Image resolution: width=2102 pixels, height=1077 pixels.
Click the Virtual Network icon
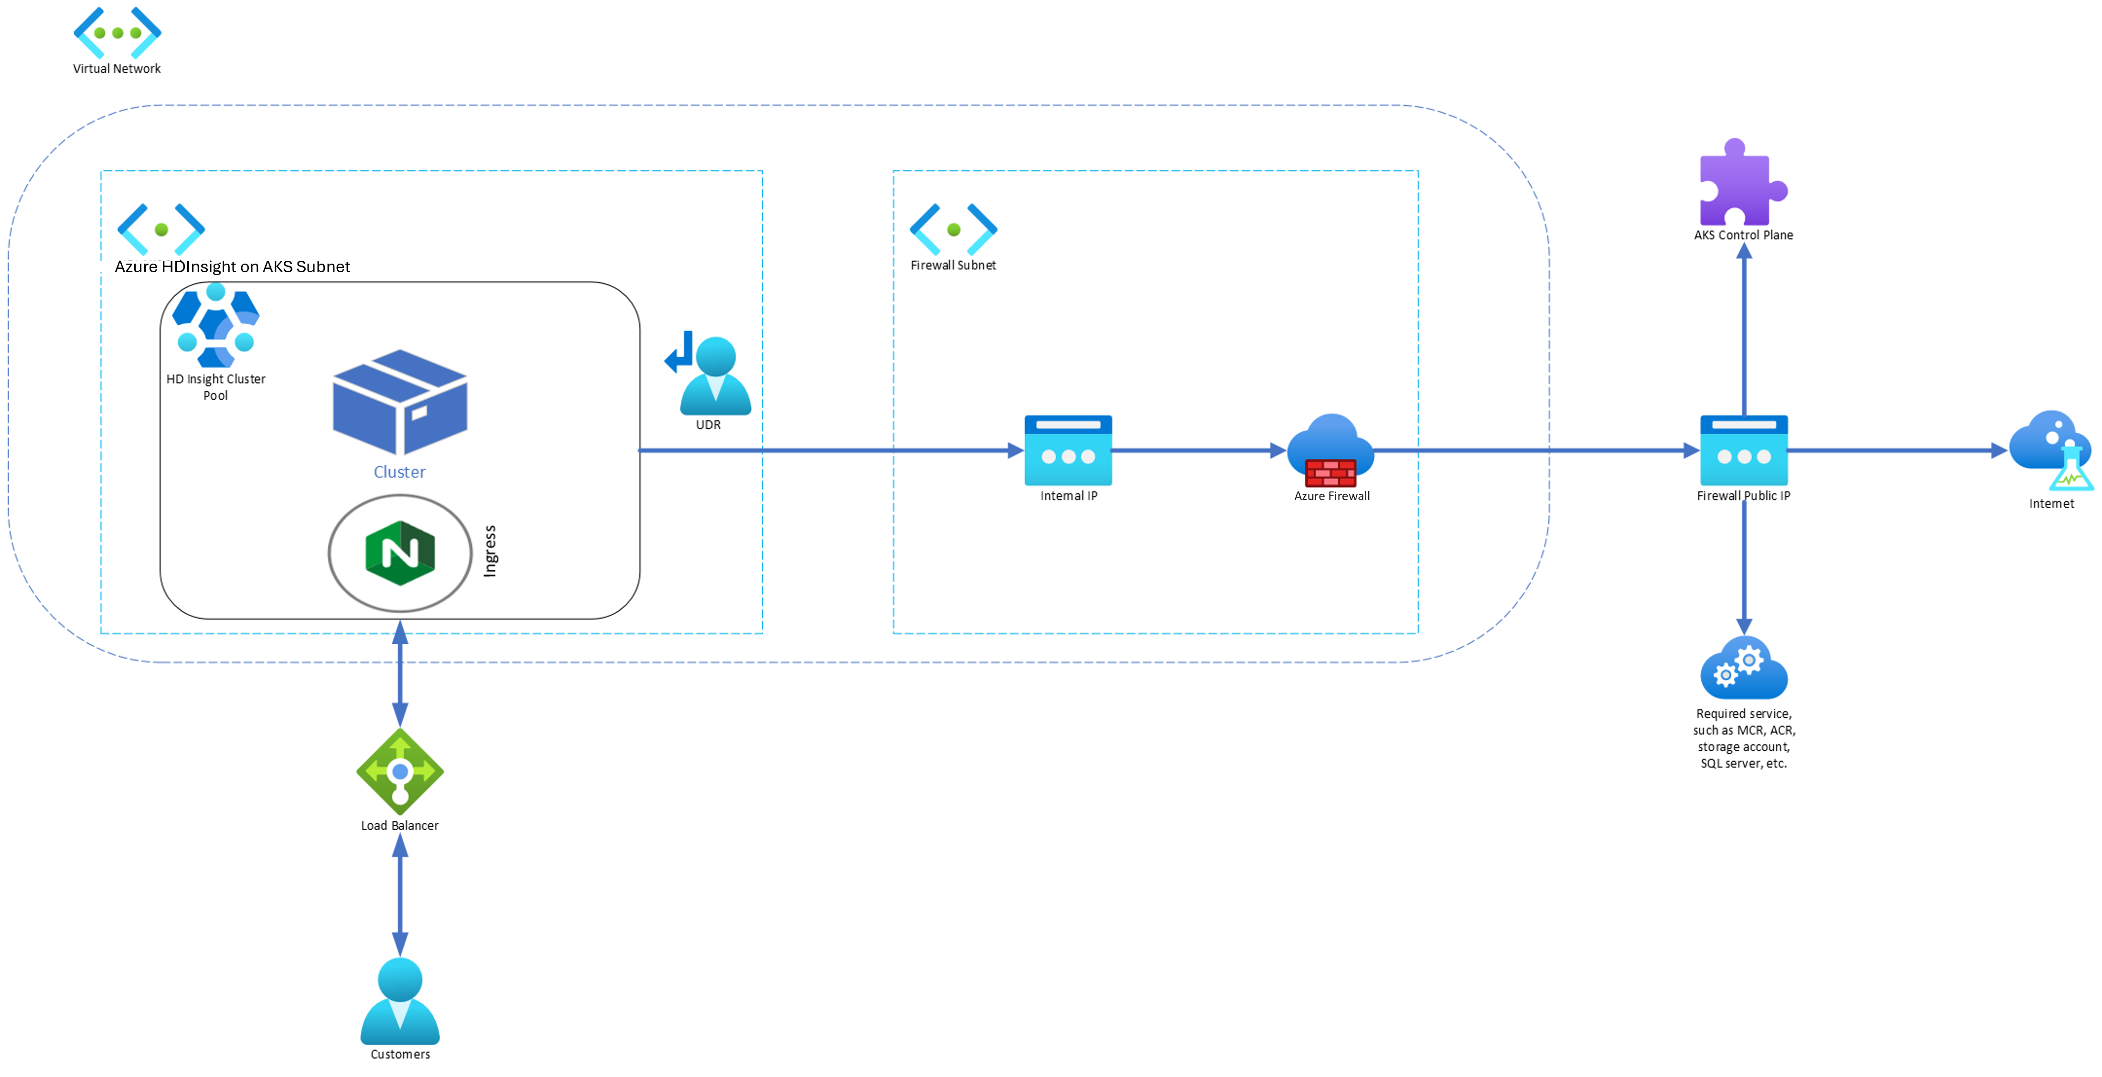118,32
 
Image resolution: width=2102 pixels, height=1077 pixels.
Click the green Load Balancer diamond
400,771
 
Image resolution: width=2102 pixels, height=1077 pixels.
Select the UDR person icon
714,375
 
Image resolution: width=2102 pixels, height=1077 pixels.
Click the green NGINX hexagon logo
400,553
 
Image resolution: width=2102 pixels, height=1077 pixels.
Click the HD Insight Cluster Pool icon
215,326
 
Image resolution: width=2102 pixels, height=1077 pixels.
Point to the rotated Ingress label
490,552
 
